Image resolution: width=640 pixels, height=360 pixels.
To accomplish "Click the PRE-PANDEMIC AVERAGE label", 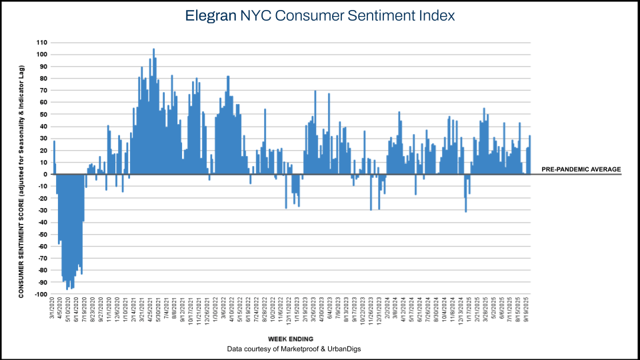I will (x=581, y=169).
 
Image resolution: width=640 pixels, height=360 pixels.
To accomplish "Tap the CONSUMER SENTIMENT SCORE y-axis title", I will (x=21, y=181).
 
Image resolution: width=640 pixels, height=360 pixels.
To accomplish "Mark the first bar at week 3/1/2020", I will (x=55, y=157).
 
